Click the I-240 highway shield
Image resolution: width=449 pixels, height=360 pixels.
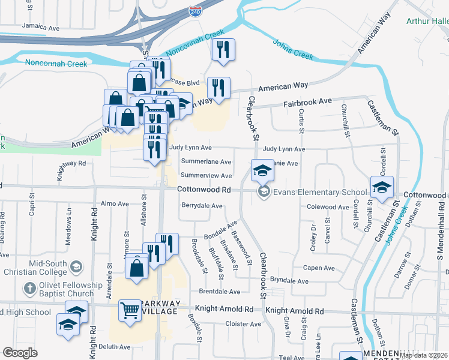point(195,11)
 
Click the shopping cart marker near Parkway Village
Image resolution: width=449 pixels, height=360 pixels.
point(130,310)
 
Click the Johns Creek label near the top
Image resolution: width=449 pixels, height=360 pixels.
point(293,49)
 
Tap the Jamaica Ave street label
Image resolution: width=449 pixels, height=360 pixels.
point(41,27)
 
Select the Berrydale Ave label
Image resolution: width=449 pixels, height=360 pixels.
point(202,205)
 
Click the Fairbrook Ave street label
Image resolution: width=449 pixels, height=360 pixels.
point(308,101)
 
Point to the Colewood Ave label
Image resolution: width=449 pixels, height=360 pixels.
point(328,207)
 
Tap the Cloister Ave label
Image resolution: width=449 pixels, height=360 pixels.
point(243,324)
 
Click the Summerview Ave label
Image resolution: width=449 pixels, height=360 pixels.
point(206,176)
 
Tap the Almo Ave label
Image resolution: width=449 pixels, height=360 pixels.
point(115,204)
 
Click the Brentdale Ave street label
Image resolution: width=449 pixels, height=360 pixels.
point(219,292)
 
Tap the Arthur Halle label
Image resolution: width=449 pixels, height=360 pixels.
point(427,21)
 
